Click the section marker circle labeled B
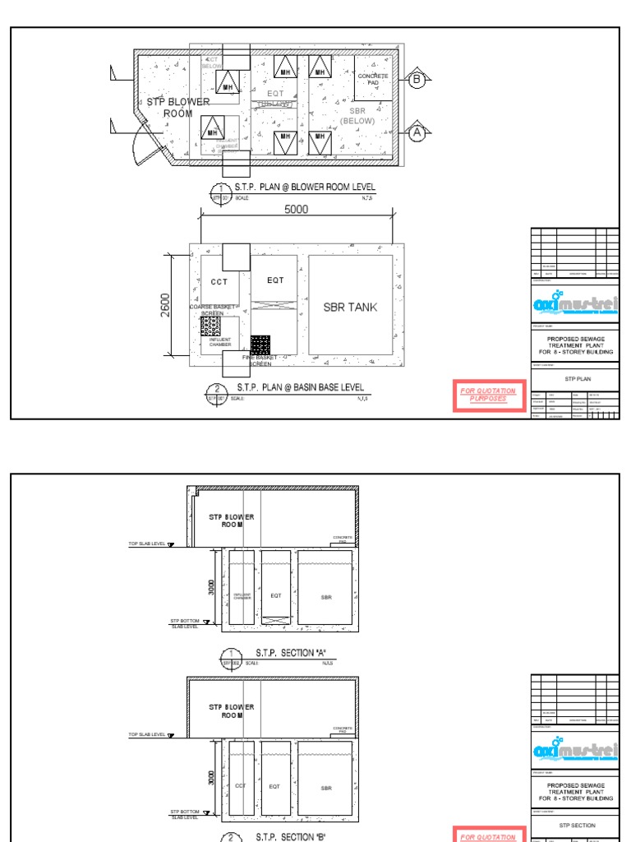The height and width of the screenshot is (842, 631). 417,80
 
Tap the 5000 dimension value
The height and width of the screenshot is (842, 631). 296,210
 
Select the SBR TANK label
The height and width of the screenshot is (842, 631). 350,307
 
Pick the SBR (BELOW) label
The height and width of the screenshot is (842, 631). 357,116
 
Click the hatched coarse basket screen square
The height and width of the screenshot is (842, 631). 211,326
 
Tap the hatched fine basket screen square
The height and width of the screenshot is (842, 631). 260,345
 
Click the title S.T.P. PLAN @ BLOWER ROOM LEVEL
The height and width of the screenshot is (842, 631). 305,187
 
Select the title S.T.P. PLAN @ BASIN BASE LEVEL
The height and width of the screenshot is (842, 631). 300,387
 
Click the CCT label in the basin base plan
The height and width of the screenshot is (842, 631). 219,281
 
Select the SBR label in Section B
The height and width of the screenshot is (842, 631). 326,787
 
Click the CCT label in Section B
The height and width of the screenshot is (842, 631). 241,787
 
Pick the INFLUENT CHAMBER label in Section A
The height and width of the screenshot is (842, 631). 242,597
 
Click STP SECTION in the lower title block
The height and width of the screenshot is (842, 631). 575,824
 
